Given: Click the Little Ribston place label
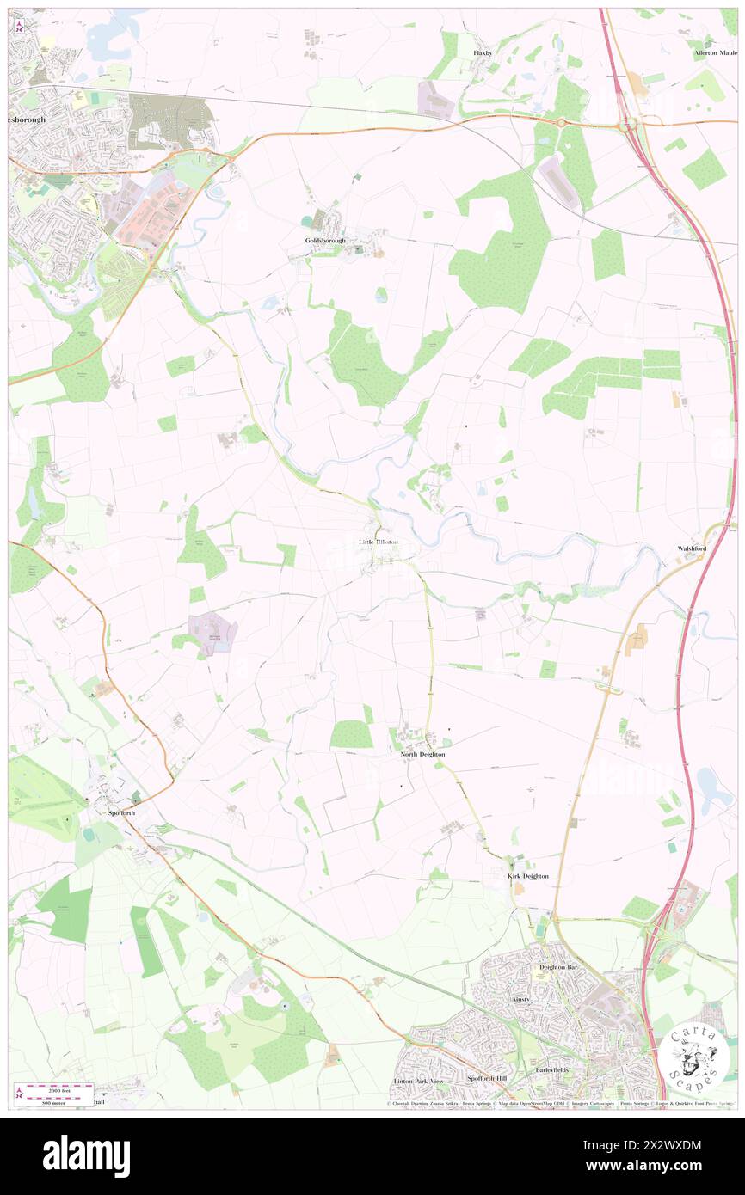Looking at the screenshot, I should tap(378, 542).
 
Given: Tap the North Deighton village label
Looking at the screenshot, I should tap(422, 754).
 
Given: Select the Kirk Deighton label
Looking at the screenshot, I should tap(526, 876).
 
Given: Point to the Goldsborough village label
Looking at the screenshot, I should tap(325, 241).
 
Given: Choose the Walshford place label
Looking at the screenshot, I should tap(692, 548).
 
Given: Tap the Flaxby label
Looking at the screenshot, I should tap(483, 52).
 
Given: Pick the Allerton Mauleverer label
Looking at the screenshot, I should tap(716, 53).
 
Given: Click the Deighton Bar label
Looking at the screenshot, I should tap(556, 966).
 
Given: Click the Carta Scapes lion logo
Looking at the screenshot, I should tap(694, 1054).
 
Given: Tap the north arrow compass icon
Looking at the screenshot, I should tap(20, 26).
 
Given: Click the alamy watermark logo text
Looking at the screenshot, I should tap(86, 1156).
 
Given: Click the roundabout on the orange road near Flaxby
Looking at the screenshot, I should tap(563, 123).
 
